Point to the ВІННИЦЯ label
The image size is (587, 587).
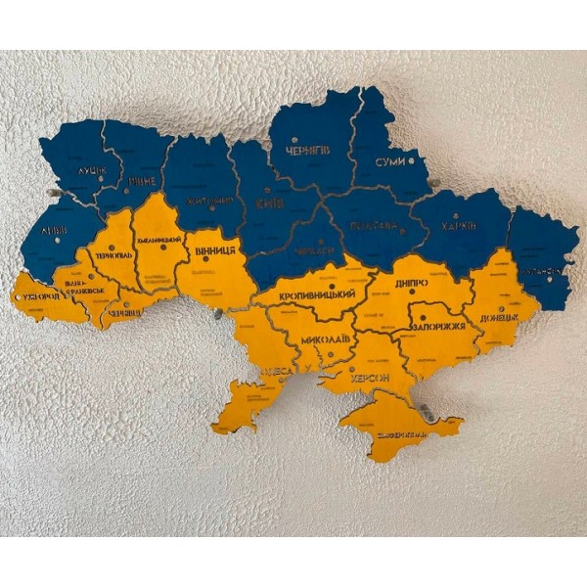click(215, 250)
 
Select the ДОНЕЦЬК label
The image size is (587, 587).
click(500, 319)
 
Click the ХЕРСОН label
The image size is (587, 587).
click(367, 377)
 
